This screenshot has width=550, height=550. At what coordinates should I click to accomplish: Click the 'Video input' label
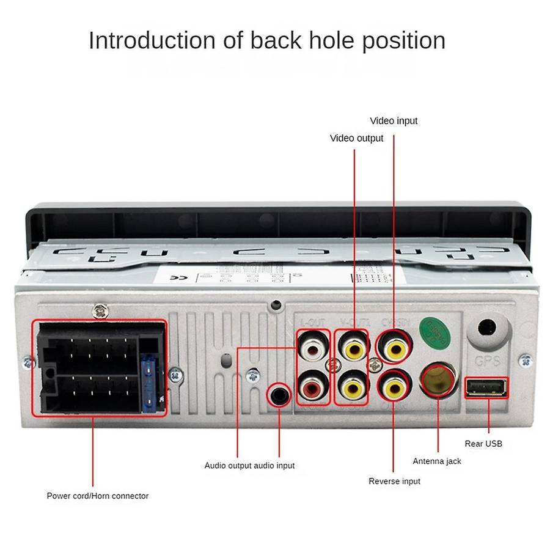pyautogui.click(x=394, y=121)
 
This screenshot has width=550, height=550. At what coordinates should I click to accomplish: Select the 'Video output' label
pyautogui.click(x=356, y=138)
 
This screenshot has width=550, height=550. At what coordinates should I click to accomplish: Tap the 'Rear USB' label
pyautogui.click(x=483, y=444)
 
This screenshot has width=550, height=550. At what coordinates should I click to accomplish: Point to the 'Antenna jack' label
pyautogui.click(x=437, y=461)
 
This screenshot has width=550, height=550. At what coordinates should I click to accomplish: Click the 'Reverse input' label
pyautogui.click(x=394, y=482)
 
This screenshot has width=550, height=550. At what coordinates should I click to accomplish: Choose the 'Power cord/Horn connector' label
pyautogui.click(x=98, y=496)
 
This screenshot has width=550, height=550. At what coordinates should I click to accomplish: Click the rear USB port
pyautogui.click(x=486, y=388)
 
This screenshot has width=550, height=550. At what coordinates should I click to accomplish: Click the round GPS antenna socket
pyautogui.click(x=488, y=328)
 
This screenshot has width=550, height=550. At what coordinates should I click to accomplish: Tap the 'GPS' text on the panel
pyautogui.click(x=488, y=361)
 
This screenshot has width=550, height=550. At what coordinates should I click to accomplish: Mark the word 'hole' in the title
pyautogui.click(x=328, y=41)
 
